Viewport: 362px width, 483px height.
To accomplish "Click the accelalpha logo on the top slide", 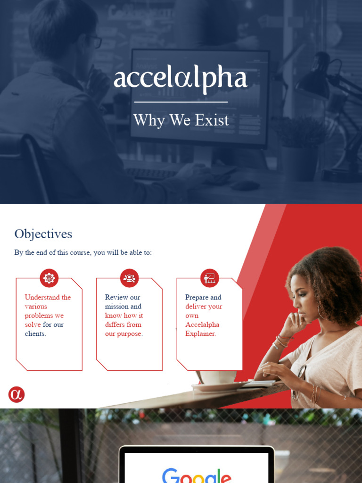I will [181, 79].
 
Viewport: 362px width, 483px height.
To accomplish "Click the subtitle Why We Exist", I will [181, 120].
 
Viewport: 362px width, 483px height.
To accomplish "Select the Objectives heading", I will [43, 234].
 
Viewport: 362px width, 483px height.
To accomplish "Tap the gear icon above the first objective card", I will [49, 278].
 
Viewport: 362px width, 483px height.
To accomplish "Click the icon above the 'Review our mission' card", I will [129, 278].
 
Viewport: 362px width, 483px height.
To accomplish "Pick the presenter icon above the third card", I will [209, 278].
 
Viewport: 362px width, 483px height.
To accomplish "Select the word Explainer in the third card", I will [200, 334].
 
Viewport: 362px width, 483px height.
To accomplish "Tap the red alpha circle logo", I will [16, 395].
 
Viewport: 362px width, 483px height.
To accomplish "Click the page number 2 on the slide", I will [345, 398].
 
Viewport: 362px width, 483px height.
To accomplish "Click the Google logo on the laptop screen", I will [197, 475].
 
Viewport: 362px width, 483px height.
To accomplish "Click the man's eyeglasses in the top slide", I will [96, 42].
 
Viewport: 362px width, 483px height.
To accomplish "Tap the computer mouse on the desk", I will [245, 185].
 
